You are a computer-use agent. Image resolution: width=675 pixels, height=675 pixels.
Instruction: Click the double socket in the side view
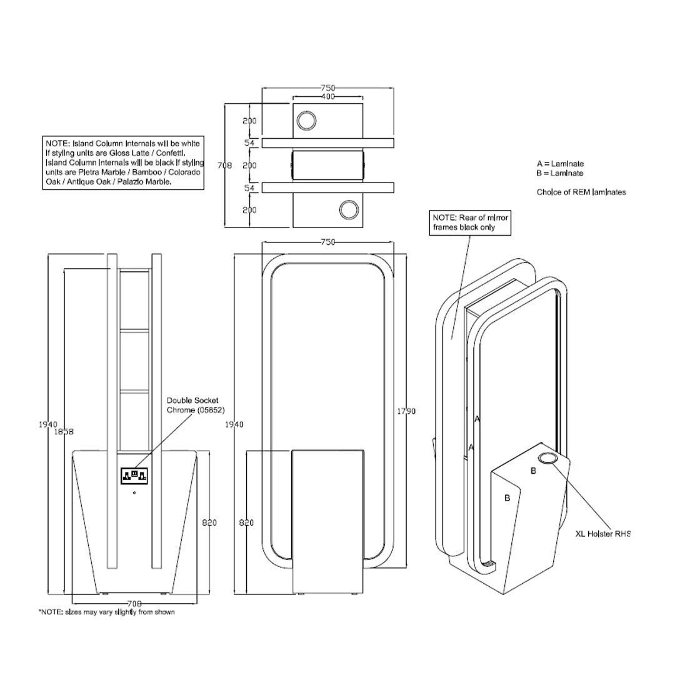coord(134,476)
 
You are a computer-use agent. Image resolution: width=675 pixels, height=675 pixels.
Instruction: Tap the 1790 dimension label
coord(406,411)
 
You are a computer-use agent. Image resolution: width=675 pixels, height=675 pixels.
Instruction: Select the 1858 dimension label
coord(64,432)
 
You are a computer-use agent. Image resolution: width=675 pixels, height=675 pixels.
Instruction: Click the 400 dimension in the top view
coord(327,96)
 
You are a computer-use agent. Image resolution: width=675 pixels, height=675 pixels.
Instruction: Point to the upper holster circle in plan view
coord(306,121)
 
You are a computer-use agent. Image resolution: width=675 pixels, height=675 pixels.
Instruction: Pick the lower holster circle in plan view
coord(349,210)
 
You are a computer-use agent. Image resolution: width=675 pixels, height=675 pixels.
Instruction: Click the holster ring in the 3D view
coord(547,458)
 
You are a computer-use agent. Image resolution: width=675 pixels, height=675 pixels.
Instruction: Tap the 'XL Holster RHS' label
coord(602,534)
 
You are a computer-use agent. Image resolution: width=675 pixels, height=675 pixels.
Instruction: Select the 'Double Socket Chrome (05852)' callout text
coord(196,405)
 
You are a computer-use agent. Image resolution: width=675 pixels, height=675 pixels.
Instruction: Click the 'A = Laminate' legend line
coord(560,164)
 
